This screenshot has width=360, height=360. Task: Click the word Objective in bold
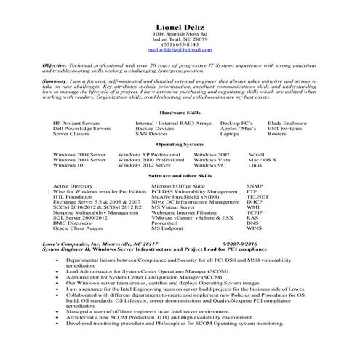(56, 65)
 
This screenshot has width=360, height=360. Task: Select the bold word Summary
(55, 83)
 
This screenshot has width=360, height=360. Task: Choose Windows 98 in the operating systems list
(209, 165)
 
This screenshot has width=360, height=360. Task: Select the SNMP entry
(254, 186)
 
